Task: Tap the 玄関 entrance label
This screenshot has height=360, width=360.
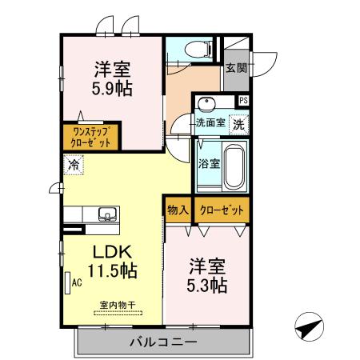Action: [x=235, y=69]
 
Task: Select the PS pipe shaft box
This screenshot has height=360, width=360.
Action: [x=243, y=100]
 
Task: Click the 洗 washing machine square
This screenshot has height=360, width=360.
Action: [x=238, y=124]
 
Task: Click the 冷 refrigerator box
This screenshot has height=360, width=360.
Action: [x=74, y=165]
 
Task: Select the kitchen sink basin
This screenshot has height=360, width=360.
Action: [x=106, y=214]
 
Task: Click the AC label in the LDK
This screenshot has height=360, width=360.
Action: [x=78, y=282]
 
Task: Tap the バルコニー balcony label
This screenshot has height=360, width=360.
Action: [x=163, y=342]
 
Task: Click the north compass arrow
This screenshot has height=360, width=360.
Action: [x=309, y=327]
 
